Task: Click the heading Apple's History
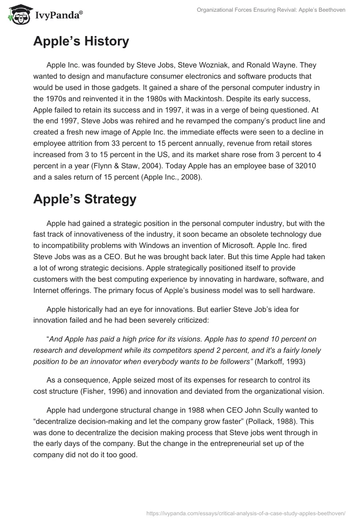tap(81, 41)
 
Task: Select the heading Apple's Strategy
tap(85, 199)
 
